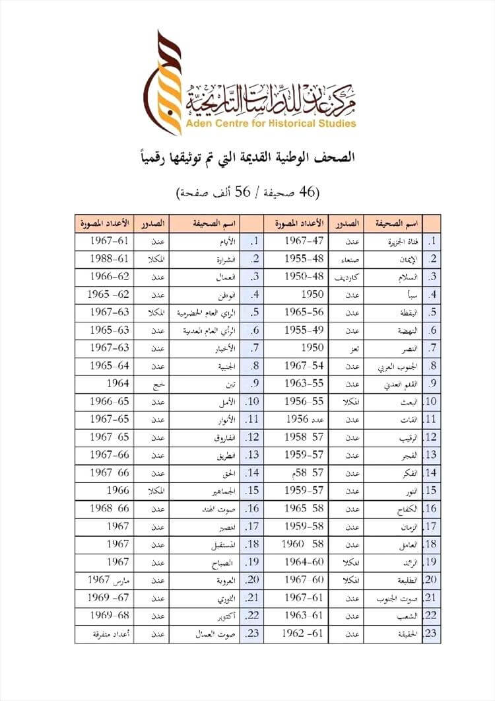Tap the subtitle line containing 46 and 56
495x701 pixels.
tap(247, 192)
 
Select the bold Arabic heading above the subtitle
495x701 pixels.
tap(247, 157)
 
